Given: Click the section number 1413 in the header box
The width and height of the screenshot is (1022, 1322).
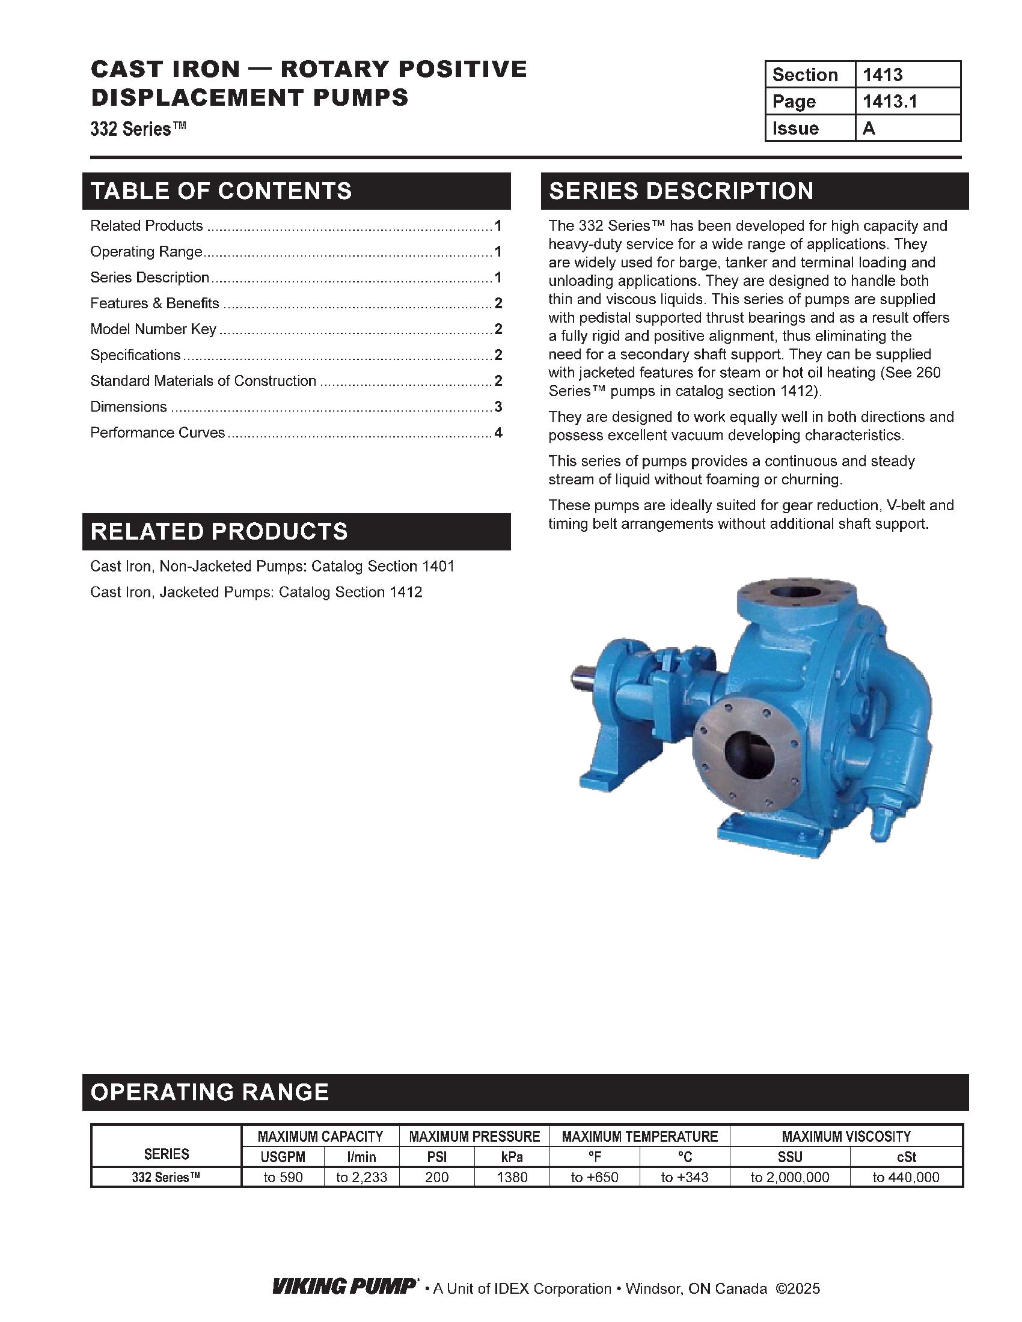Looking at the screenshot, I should coord(882,75).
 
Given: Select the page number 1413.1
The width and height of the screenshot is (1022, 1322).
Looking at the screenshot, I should coord(889,101).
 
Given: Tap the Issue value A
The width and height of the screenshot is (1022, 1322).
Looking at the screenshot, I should coord(869,129).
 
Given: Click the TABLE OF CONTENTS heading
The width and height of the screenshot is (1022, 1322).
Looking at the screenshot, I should coord(221,190).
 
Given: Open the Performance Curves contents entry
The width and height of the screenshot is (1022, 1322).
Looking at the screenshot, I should coord(158,433).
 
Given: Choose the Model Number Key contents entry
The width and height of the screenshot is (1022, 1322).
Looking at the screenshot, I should coord(153,329).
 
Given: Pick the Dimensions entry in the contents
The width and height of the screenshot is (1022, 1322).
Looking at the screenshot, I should coord(129,407).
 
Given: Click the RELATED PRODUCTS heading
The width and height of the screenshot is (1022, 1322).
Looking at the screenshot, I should coord(219,531).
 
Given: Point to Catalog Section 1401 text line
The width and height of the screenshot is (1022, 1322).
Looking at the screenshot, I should coord(272,567).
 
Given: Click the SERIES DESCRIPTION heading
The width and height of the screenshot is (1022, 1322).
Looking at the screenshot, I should coord(681,190).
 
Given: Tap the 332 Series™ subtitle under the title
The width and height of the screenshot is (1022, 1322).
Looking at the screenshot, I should coord(138,129).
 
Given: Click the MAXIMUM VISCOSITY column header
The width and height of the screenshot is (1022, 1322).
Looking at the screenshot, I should coord(846,1136).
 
